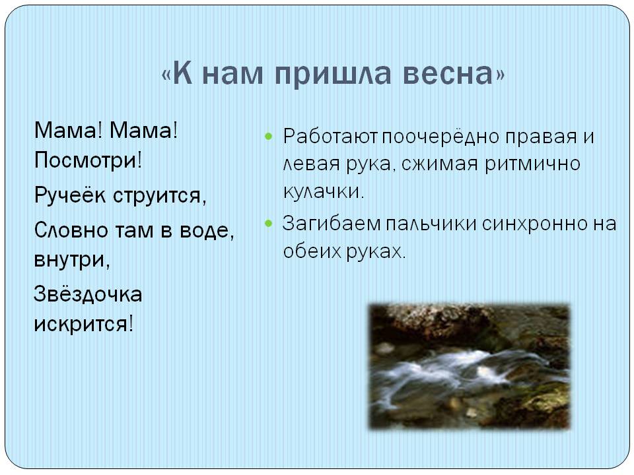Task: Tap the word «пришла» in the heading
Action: (x=333, y=75)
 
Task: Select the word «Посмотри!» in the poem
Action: (x=88, y=160)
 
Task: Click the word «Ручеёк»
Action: (x=69, y=195)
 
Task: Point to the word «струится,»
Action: (x=160, y=196)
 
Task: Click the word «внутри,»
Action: (x=72, y=260)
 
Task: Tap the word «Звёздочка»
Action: (x=88, y=294)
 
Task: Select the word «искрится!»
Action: (x=83, y=324)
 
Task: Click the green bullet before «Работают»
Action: (x=269, y=136)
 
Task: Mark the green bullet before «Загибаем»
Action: (x=269, y=223)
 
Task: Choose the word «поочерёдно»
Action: (x=440, y=137)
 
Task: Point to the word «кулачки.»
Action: (x=324, y=191)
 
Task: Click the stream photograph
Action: (x=470, y=366)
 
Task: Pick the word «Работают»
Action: (x=330, y=137)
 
